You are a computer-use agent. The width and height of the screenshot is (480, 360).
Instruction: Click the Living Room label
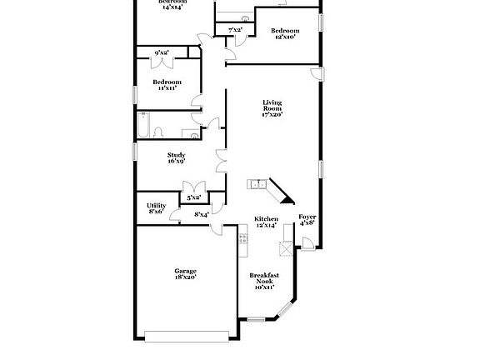click(272, 107)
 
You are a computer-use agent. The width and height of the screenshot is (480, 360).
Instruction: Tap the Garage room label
click(185, 274)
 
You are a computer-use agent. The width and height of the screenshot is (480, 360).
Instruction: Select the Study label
click(176, 157)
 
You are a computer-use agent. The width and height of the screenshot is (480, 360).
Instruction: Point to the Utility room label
click(157, 208)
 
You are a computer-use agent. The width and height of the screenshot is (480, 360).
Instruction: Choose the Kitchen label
click(266, 222)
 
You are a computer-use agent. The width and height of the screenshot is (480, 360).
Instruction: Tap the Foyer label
click(307, 220)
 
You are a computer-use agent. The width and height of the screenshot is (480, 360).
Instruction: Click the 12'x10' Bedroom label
click(285, 33)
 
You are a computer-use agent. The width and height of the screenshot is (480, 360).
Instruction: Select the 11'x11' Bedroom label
click(167, 84)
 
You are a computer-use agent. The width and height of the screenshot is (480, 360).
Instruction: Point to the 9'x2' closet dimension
click(162, 52)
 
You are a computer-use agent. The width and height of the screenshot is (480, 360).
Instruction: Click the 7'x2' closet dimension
click(235, 30)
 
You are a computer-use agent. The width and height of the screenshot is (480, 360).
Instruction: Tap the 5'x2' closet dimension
click(193, 197)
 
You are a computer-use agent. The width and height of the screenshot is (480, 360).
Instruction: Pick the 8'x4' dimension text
click(201, 215)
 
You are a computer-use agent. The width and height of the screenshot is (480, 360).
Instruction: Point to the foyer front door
click(307, 244)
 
